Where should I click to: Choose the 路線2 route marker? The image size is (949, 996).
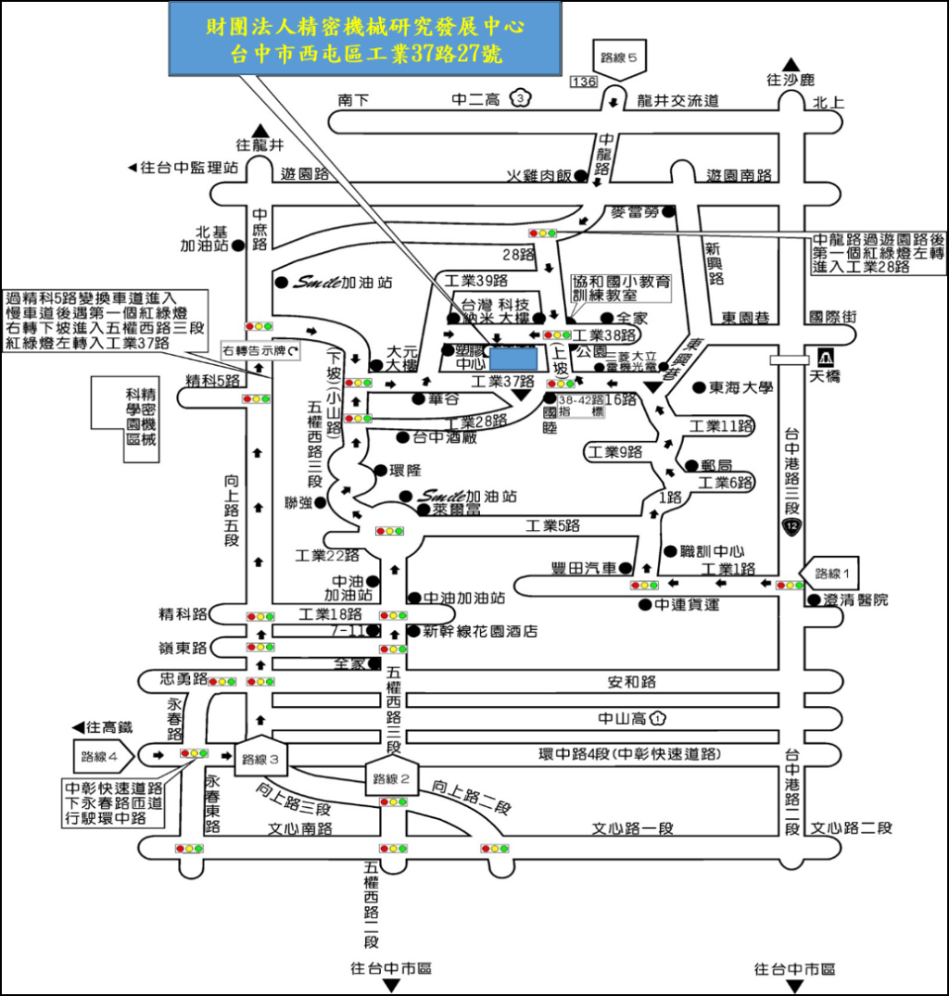(384, 776)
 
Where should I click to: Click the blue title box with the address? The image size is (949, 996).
(365, 39)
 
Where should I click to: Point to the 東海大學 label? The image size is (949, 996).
(740, 389)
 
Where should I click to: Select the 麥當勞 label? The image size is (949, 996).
(634, 211)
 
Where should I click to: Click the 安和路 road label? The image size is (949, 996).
(632, 682)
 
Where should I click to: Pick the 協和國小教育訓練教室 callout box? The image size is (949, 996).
(622, 288)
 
